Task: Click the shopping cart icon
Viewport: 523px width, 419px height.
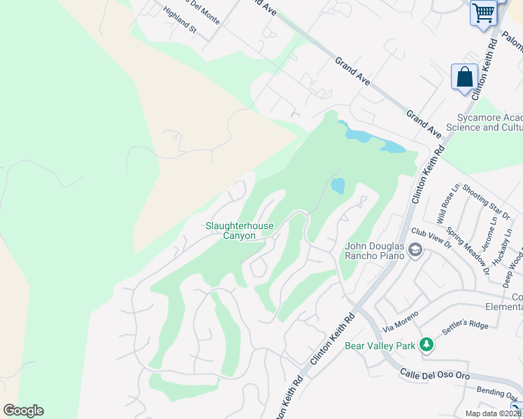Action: coord(483,13)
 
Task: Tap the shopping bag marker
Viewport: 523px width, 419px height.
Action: coord(464,78)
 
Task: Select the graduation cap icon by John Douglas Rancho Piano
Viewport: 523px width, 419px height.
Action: coord(415,250)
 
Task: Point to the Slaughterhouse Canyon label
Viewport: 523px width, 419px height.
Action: coord(239,230)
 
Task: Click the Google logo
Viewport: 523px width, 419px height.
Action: coord(23,411)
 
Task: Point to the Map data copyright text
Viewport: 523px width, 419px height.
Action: coord(493,413)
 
